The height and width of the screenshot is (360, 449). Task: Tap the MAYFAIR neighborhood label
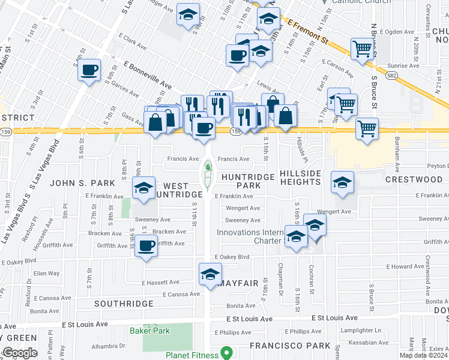[x=239, y=283]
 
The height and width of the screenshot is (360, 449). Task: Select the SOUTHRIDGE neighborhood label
[x=124, y=304]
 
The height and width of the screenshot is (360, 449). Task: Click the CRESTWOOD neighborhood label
[x=414, y=179]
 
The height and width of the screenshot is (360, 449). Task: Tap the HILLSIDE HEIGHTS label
[x=300, y=178]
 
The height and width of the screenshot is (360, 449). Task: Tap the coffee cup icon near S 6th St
[x=89, y=70]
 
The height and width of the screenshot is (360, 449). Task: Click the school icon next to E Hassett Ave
[x=210, y=274]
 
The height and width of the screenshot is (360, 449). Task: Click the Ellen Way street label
[x=46, y=273]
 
